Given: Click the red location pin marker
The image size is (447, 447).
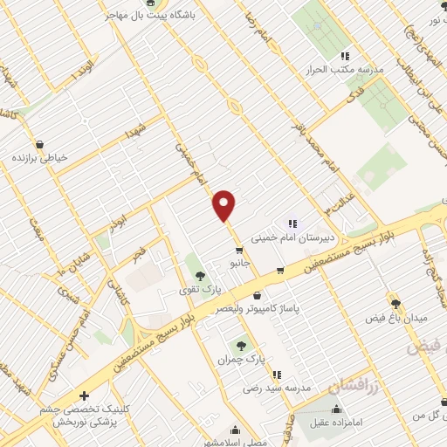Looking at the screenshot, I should pos(224,206).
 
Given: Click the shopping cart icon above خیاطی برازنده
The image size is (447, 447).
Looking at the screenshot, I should pos(39,143).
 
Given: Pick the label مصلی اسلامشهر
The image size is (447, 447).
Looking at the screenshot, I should pos(236,442).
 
